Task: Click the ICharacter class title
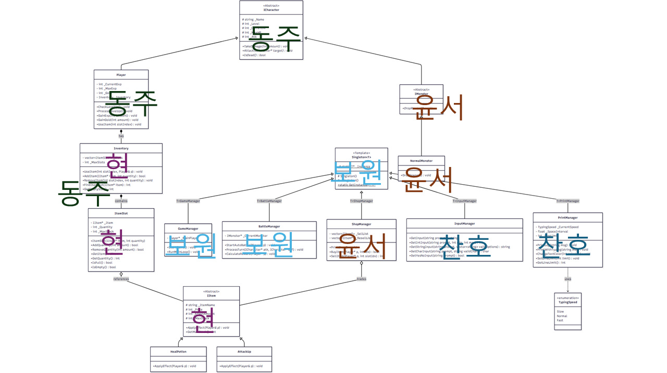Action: coord(271,10)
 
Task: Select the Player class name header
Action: coord(121,75)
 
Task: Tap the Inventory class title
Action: coord(121,148)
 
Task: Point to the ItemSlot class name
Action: coord(121,213)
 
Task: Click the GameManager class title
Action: coord(188,228)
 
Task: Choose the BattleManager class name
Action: coord(269,226)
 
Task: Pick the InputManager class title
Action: coord(464,223)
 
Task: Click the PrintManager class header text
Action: coord(567,217)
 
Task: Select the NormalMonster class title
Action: coord(422,161)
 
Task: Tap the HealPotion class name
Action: coord(178,352)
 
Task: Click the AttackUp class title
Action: coord(244,352)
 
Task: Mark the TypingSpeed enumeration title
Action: coord(567,301)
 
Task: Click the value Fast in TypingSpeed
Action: coord(560,320)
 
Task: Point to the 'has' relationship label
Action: coord(121,136)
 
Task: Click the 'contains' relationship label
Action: coord(121,200)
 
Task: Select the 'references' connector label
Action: coord(121,279)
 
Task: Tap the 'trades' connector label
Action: coord(361,279)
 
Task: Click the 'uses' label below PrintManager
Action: coord(567,279)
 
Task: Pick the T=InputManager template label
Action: coord(464,201)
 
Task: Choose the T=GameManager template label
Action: coord(188,201)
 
